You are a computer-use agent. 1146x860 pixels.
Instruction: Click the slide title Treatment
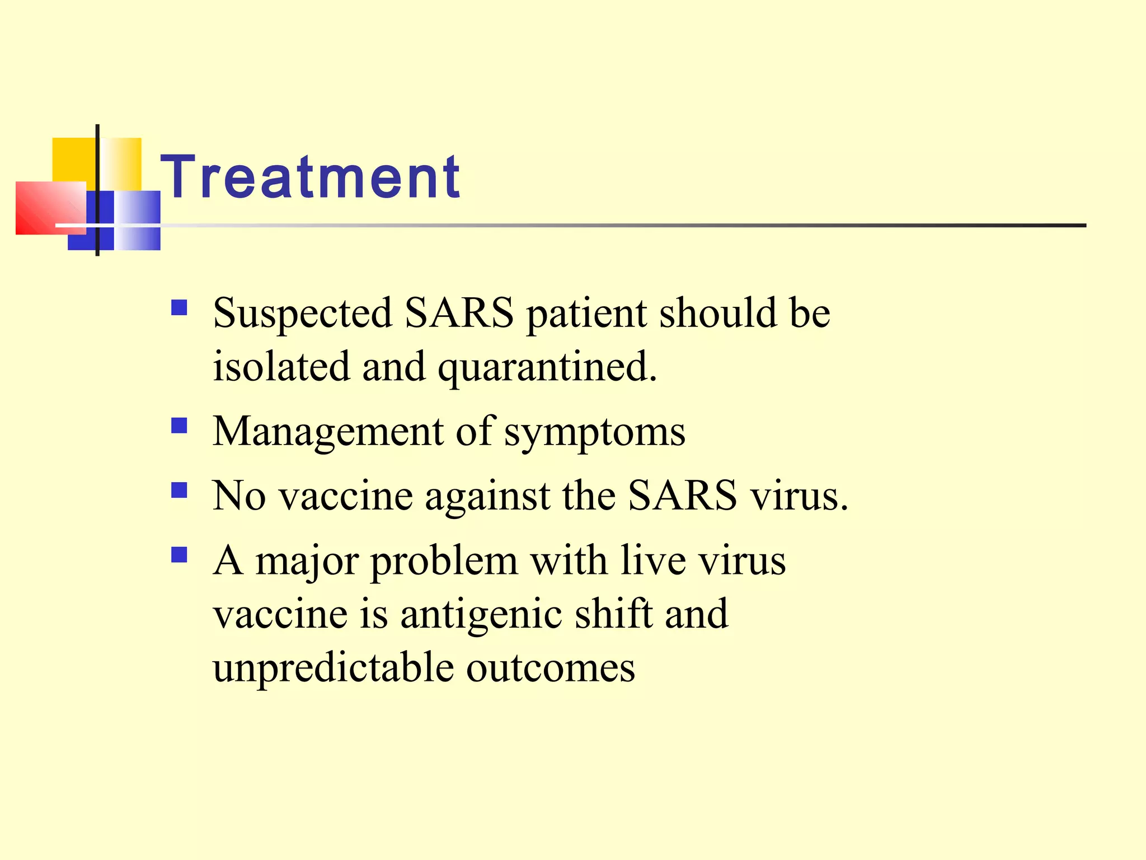311,177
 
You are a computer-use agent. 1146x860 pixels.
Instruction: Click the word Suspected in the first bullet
302,314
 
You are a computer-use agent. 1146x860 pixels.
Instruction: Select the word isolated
281,367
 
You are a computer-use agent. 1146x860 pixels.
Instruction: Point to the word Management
328,432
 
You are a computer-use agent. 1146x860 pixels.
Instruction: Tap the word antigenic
481,615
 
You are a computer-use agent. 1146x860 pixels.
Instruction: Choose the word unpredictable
333,668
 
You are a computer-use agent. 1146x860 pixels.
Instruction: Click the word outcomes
551,668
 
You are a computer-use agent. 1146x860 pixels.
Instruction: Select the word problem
444,562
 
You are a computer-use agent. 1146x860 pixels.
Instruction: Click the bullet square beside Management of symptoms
179,426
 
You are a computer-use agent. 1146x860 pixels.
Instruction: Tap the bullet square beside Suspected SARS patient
179,308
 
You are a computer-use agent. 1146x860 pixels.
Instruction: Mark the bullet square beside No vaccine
179,490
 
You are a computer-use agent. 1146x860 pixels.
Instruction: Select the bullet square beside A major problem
179,555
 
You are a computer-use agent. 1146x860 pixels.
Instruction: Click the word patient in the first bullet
586,314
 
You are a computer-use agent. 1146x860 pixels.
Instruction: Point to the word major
307,562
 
